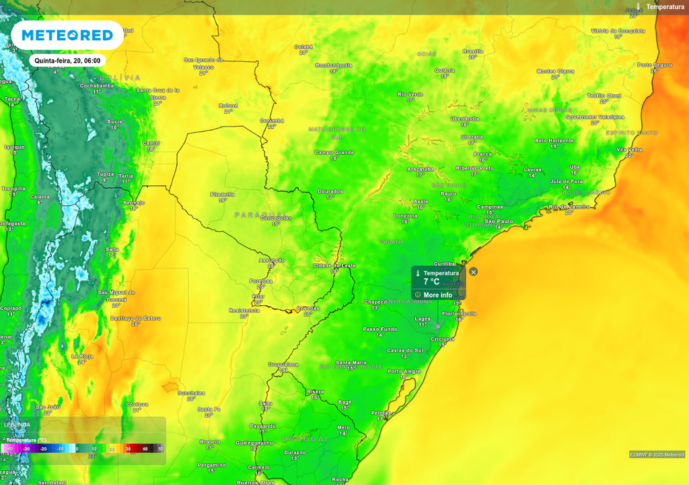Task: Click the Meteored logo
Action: pyautogui.click(x=67, y=35)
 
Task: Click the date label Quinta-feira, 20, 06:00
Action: pyautogui.click(x=67, y=61)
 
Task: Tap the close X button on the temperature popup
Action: pyautogui.click(x=473, y=271)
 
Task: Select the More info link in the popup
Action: pyautogui.click(x=437, y=295)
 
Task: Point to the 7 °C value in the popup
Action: pyautogui.click(x=431, y=282)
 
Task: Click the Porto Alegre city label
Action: pyautogui.click(x=404, y=371)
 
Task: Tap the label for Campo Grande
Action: pyautogui.click(x=334, y=152)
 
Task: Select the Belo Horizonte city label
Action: pyautogui.click(x=554, y=140)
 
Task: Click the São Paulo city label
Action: pyautogui.click(x=499, y=221)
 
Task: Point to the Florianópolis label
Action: pyautogui.click(x=460, y=313)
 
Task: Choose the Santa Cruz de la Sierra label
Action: pyautogui.click(x=157, y=93)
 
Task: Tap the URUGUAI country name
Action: pyautogui.click(x=304, y=439)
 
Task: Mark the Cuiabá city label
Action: pyautogui.click(x=303, y=46)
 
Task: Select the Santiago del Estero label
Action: pyautogui.click(x=135, y=318)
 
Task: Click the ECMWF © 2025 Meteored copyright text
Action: pyautogui.click(x=657, y=454)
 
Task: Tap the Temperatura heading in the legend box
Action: pyautogui.click(x=27, y=440)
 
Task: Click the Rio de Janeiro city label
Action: pyautogui.click(x=570, y=207)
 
